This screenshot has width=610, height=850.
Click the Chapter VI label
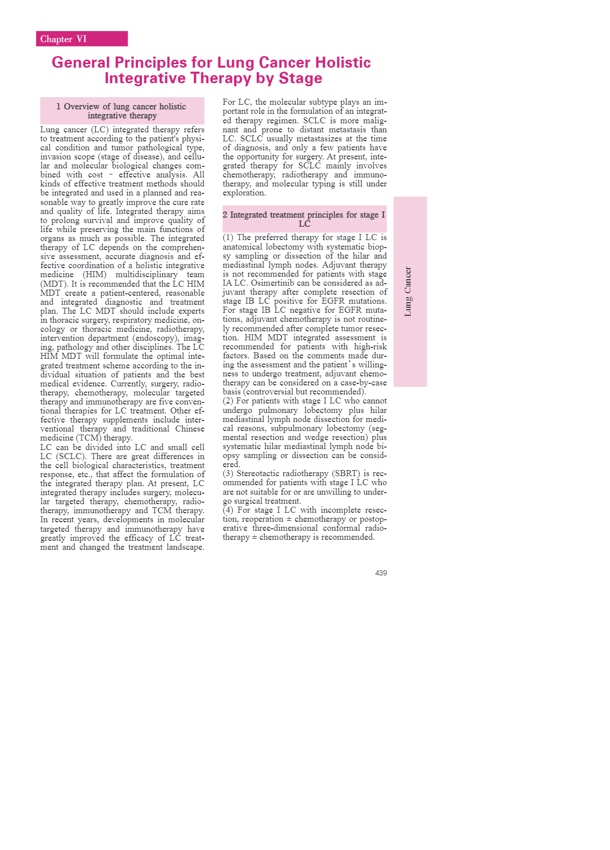64,39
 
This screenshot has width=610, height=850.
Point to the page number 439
381,573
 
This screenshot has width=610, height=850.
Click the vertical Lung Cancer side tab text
408,291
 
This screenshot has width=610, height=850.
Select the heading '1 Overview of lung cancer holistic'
121,106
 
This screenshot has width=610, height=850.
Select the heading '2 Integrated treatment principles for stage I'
303,215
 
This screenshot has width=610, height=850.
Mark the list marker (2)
228,401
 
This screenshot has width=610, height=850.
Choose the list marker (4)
228,510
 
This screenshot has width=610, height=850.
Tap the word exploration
244,193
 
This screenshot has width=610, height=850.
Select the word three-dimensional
279,528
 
